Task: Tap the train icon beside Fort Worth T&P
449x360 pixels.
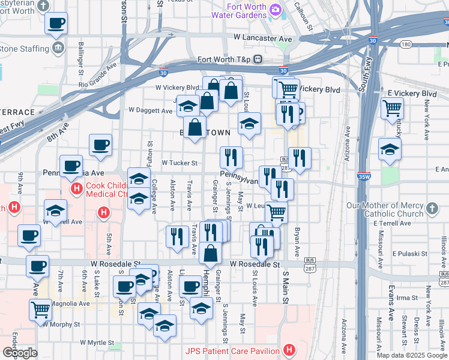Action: (258, 59)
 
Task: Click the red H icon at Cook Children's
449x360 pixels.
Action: (77, 190)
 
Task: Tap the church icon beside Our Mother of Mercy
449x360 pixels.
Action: (432, 209)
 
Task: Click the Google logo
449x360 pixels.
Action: (19, 353)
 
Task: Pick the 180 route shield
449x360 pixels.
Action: (406, 44)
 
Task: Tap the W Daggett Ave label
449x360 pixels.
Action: (151, 110)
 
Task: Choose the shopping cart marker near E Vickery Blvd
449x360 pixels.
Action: (392, 109)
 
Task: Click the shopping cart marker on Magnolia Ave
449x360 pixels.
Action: (40, 310)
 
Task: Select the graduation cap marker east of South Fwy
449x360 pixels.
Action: (390, 150)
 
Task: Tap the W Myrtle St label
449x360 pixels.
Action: (93, 343)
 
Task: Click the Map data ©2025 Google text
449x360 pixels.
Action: (412, 355)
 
